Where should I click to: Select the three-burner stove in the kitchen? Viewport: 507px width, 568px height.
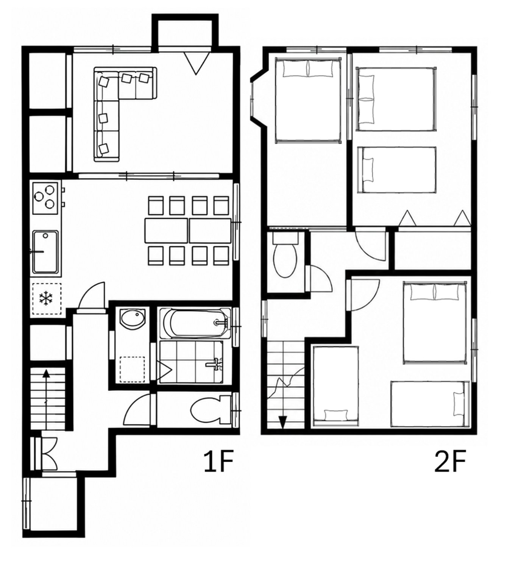pyautogui.click(x=45, y=198)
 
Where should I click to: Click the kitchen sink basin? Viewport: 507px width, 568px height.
pyautogui.click(x=45, y=252)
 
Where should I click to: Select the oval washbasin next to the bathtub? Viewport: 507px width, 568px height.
pyautogui.click(x=133, y=319)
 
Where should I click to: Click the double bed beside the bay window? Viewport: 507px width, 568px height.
pyautogui.click(x=308, y=101)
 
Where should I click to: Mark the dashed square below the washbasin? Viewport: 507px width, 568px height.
pyautogui.click(x=133, y=370)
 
